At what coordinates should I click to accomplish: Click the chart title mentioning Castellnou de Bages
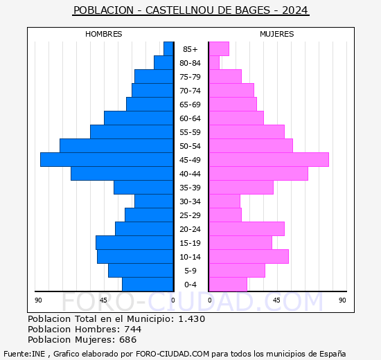coord(190,10)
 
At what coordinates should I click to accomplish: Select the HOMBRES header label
coord(104,34)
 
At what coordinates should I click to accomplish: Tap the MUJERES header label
coord(277,34)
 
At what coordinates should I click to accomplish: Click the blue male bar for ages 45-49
coord(107,160)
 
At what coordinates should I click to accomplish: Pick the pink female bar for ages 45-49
coord(269,160)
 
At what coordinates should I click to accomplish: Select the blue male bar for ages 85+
coord(168,49)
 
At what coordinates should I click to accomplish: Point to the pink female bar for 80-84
coord(214,63)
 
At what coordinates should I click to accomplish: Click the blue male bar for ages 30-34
coord(154,201)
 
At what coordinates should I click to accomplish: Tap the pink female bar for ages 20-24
coord(247,229)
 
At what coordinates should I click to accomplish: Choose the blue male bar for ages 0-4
coord(148,285)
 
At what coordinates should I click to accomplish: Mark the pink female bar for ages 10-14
coord(249,257)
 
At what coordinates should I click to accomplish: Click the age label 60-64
coord(190,118)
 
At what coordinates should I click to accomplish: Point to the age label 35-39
coord(190,188)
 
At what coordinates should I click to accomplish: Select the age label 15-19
coord(190,243)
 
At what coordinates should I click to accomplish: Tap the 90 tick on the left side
coord(39,300)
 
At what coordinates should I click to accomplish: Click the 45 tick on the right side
coord(276,300)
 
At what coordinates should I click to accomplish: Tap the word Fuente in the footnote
coord(16,354)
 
